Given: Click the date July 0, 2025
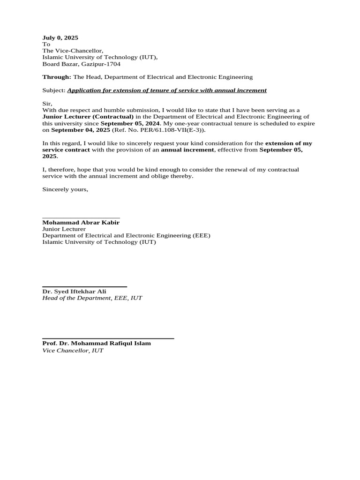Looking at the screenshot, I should (x=60, y=37).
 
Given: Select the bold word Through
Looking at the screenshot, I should (x=56, y=77).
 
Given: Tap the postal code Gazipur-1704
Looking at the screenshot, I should (x=101, y=64).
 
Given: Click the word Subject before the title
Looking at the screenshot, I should (x=53, y=90).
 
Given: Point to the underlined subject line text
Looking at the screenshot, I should (x=167, y=90).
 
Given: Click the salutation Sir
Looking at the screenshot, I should (x=47, y=104).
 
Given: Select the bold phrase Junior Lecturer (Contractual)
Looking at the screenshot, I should (x=88, y=117).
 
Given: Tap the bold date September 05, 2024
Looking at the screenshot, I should (x=130, y=123).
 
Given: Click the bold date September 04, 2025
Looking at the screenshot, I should (x=81, y=130).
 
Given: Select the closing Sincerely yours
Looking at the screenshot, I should (x=65, y=189).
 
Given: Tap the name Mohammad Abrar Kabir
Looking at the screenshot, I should (x=81, y=223).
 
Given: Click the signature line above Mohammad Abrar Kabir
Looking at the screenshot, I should (x=81, y=218).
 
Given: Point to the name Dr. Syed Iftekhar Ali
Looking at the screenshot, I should (x=74, y=292).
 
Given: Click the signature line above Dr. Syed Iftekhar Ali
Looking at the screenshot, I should (x=84, y=286).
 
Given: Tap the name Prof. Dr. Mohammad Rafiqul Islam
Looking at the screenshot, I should (x=97, y=343).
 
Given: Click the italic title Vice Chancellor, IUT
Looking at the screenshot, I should (x=73, y=350).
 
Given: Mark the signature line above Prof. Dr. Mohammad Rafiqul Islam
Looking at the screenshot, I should (x=108, y=338).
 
